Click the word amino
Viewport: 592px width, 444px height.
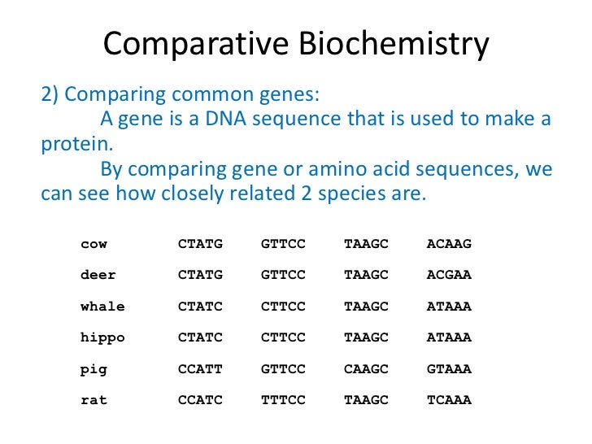(x=349, y=171)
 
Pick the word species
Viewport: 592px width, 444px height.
(x=356, y=196)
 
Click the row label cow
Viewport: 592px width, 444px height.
(x=94, y=244)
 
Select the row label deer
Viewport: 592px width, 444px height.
(x=98, y=275)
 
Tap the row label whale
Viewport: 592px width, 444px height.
(x=102, y=307)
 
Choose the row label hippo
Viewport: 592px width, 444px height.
(x=102, y=337)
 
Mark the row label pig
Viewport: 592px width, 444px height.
(x=94, y=369)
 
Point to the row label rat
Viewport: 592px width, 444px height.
(x=94, y=400)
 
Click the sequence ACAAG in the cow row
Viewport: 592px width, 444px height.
(x=449, y=244)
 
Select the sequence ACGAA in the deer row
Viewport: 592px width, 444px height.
(x=449, y=275)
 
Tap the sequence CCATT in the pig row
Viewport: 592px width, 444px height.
(x=200, y=369)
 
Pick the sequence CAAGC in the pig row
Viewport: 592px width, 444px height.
(x=366, y=369)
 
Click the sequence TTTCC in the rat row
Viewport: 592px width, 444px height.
(x=283, y=400)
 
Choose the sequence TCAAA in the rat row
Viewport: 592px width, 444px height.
(x=449, y=400)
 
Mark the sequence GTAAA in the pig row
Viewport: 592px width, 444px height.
(x=449, y=369)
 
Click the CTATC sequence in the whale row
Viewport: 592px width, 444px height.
(x=200, y=307)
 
